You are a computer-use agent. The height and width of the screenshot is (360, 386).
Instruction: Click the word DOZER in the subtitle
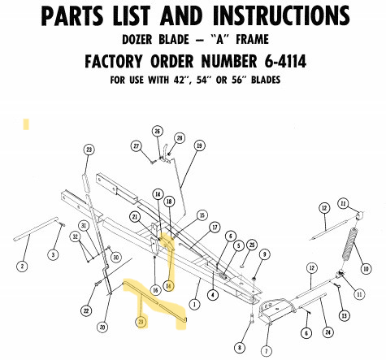[137, 40]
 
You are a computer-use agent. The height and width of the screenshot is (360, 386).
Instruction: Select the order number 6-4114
[285, 61]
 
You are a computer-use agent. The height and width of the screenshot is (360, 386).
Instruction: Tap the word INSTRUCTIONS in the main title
[281, 15]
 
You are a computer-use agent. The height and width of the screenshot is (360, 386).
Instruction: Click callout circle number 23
[89, 150]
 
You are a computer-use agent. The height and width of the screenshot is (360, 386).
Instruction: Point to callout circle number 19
[199, 145]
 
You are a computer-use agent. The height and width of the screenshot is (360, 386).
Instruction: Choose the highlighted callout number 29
[141, 322]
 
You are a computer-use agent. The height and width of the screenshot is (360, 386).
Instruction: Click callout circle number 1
[194, 304]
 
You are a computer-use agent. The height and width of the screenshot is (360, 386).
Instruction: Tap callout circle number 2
[22, 267]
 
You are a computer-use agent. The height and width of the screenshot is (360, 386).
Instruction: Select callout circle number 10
[366, 269]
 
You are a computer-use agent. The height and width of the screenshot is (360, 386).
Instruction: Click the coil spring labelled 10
[350, 244]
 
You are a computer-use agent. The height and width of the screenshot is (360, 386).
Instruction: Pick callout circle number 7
[267, 351]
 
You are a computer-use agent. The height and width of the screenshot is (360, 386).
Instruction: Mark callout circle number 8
[240, 348]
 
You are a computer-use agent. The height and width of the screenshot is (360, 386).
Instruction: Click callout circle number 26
[158, 132]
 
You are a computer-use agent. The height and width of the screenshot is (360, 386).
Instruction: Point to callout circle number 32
[76, 236]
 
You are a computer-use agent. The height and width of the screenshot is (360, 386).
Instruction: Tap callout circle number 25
[252, 245]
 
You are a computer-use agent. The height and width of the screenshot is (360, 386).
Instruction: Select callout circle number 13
[344, 315]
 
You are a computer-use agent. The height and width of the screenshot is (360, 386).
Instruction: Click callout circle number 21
[135, 216]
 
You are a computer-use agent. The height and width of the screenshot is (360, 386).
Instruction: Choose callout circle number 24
[327, 332]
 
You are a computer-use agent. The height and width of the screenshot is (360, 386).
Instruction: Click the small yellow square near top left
[26, 124]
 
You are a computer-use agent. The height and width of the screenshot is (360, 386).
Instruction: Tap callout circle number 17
[215, 228]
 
